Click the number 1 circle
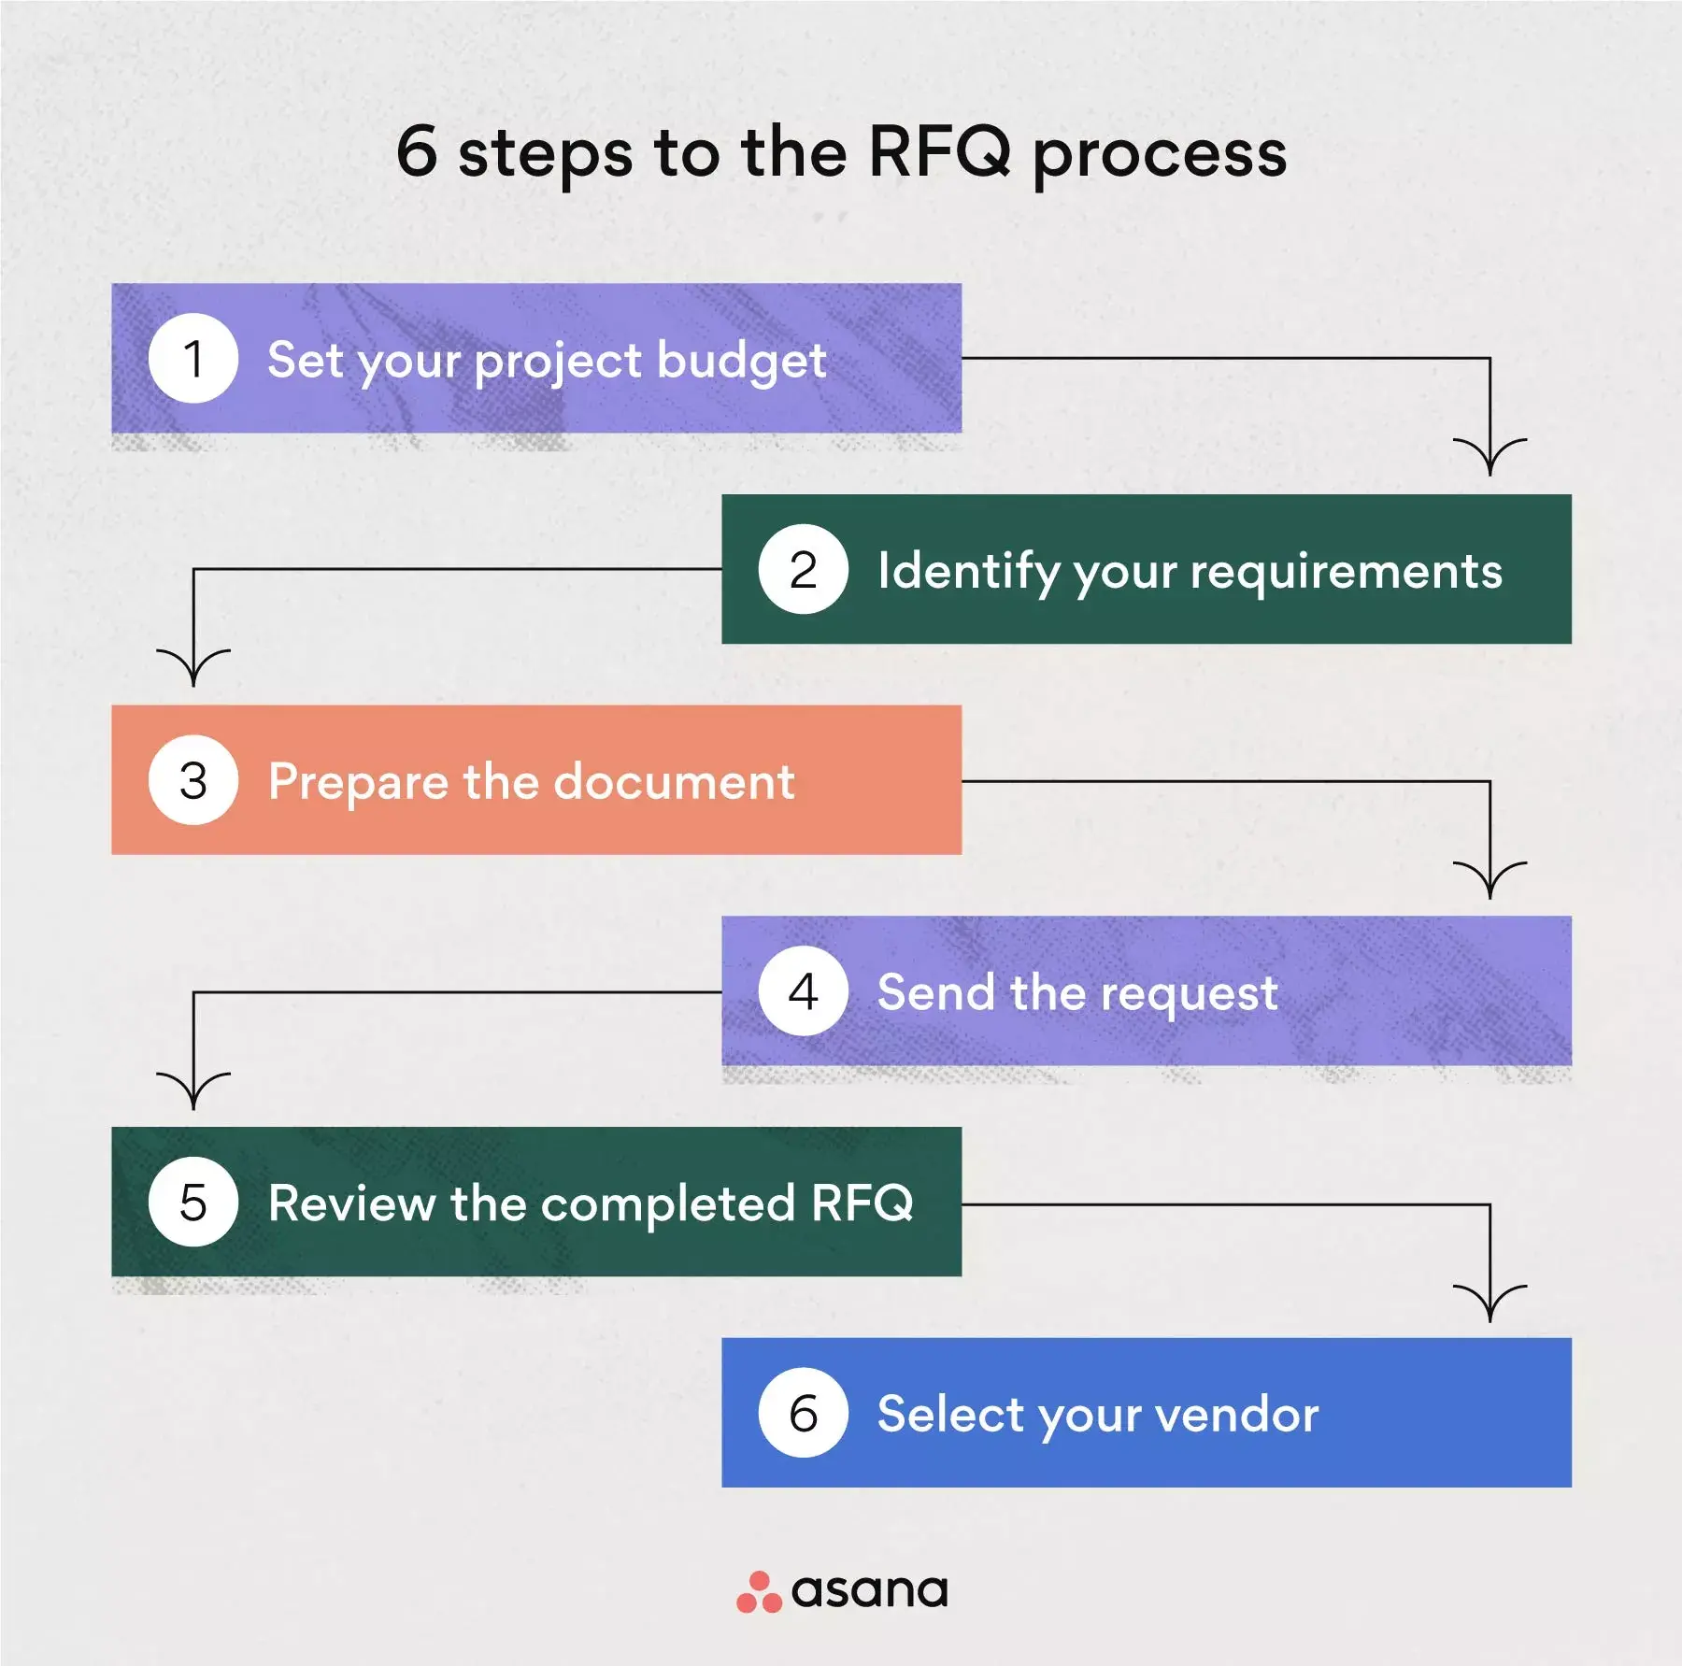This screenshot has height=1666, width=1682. (x=193, y=359)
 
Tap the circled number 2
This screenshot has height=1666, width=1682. (x=804, y=569)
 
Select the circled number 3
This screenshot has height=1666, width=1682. (x=193, y=780)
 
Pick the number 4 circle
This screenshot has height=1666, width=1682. (x=804, y=991)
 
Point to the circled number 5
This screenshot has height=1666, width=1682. (x=193, y=1202)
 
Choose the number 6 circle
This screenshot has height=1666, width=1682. (x=804, y=1413)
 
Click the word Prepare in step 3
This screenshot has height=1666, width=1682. (x=358, y=782)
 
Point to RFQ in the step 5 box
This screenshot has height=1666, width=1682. (x=862, y=1203)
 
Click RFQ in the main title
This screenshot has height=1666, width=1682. (x=939, y=151)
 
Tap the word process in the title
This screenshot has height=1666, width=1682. (x=1160, y=155)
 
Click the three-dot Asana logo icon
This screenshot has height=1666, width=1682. (x=759, y=1592)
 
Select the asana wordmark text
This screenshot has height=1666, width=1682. (x=869, y=1591)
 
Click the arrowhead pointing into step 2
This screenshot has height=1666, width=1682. (x=1490, y=457)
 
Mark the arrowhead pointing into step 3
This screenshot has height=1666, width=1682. (x=193, y=668)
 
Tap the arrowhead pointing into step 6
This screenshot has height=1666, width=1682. (x=1490, y=1303)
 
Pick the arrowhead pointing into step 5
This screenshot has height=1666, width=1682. (x=193, y=1091)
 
